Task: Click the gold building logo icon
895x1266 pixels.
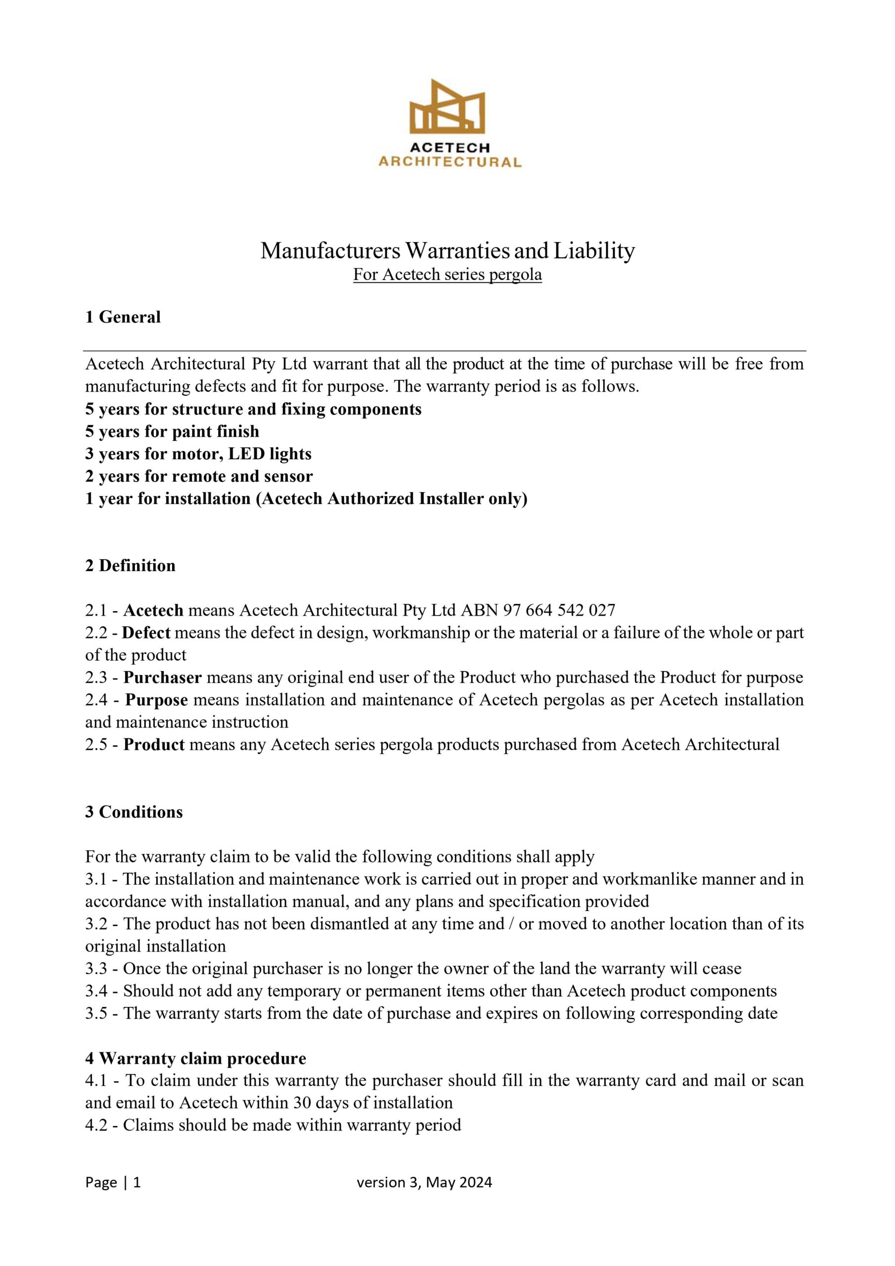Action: click(447, 107)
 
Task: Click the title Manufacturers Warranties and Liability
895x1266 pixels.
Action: click(447, 251)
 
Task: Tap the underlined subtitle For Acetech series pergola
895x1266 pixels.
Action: click(447, 274)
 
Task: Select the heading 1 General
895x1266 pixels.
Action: click(123, 317)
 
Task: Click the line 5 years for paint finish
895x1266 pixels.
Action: click(172, 431)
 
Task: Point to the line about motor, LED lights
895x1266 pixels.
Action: click(198, 454)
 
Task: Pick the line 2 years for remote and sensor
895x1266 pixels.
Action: click(198, 476)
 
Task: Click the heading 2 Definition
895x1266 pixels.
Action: click(130, 565)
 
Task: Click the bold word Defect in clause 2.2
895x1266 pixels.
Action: click(146, 633)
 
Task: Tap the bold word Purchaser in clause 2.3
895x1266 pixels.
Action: click(163, 677)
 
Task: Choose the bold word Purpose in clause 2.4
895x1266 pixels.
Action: click(157, 700)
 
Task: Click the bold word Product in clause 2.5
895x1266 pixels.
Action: click(154, 744)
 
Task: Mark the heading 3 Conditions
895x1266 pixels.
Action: click(134, 812)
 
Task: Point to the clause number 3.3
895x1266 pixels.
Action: click(96, 968)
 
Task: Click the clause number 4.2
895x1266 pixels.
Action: click(96, 1125)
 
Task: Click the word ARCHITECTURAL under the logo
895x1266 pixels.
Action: click(449, 162)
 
